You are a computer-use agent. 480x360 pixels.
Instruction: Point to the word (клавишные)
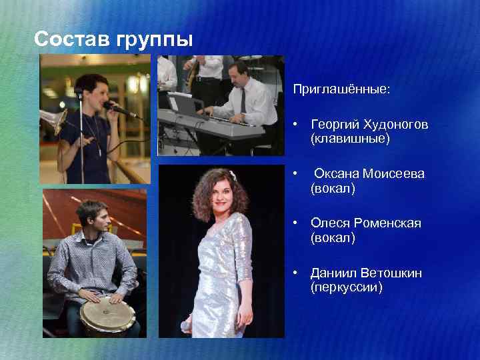[350, 139]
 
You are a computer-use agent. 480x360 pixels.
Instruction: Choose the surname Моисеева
[394, 174]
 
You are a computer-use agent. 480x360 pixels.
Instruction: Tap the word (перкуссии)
[347, 288]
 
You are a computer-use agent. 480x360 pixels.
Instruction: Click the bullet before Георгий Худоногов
[295, 125]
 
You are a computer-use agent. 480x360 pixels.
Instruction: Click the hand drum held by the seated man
[107, 316]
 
